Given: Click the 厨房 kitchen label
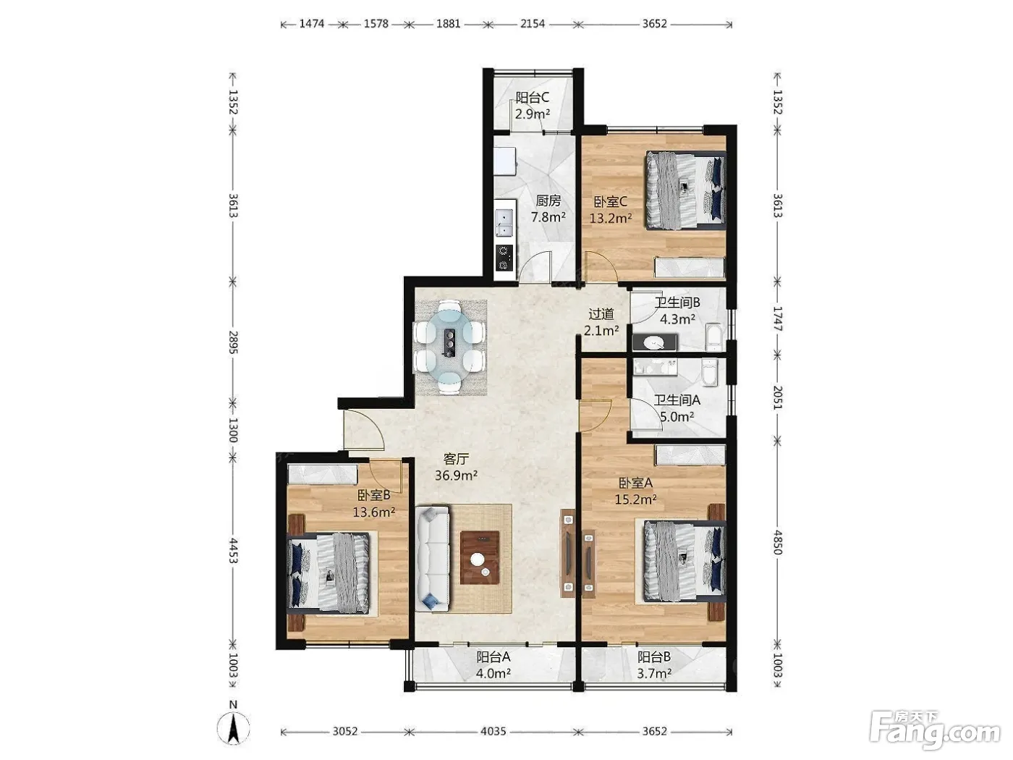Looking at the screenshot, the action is point(548,200).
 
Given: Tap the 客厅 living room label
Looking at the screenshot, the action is point(456,459).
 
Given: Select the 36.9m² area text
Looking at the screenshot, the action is point(456,475).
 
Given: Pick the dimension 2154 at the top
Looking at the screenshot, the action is point(533,24).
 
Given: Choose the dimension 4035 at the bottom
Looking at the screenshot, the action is point(493,731).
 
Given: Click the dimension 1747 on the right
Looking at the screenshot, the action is point(778,318).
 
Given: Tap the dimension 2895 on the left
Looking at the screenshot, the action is point(234,342).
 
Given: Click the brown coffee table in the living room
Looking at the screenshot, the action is point(480,557).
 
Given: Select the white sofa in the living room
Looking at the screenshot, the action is point(433,560).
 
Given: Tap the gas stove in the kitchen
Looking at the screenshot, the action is point(504,258).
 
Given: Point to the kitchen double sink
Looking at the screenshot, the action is point(504,223).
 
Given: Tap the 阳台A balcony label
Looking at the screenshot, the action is point(493,656).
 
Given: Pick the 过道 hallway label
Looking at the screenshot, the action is point(601,314).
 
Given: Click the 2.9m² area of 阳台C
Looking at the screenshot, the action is point(533,114).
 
